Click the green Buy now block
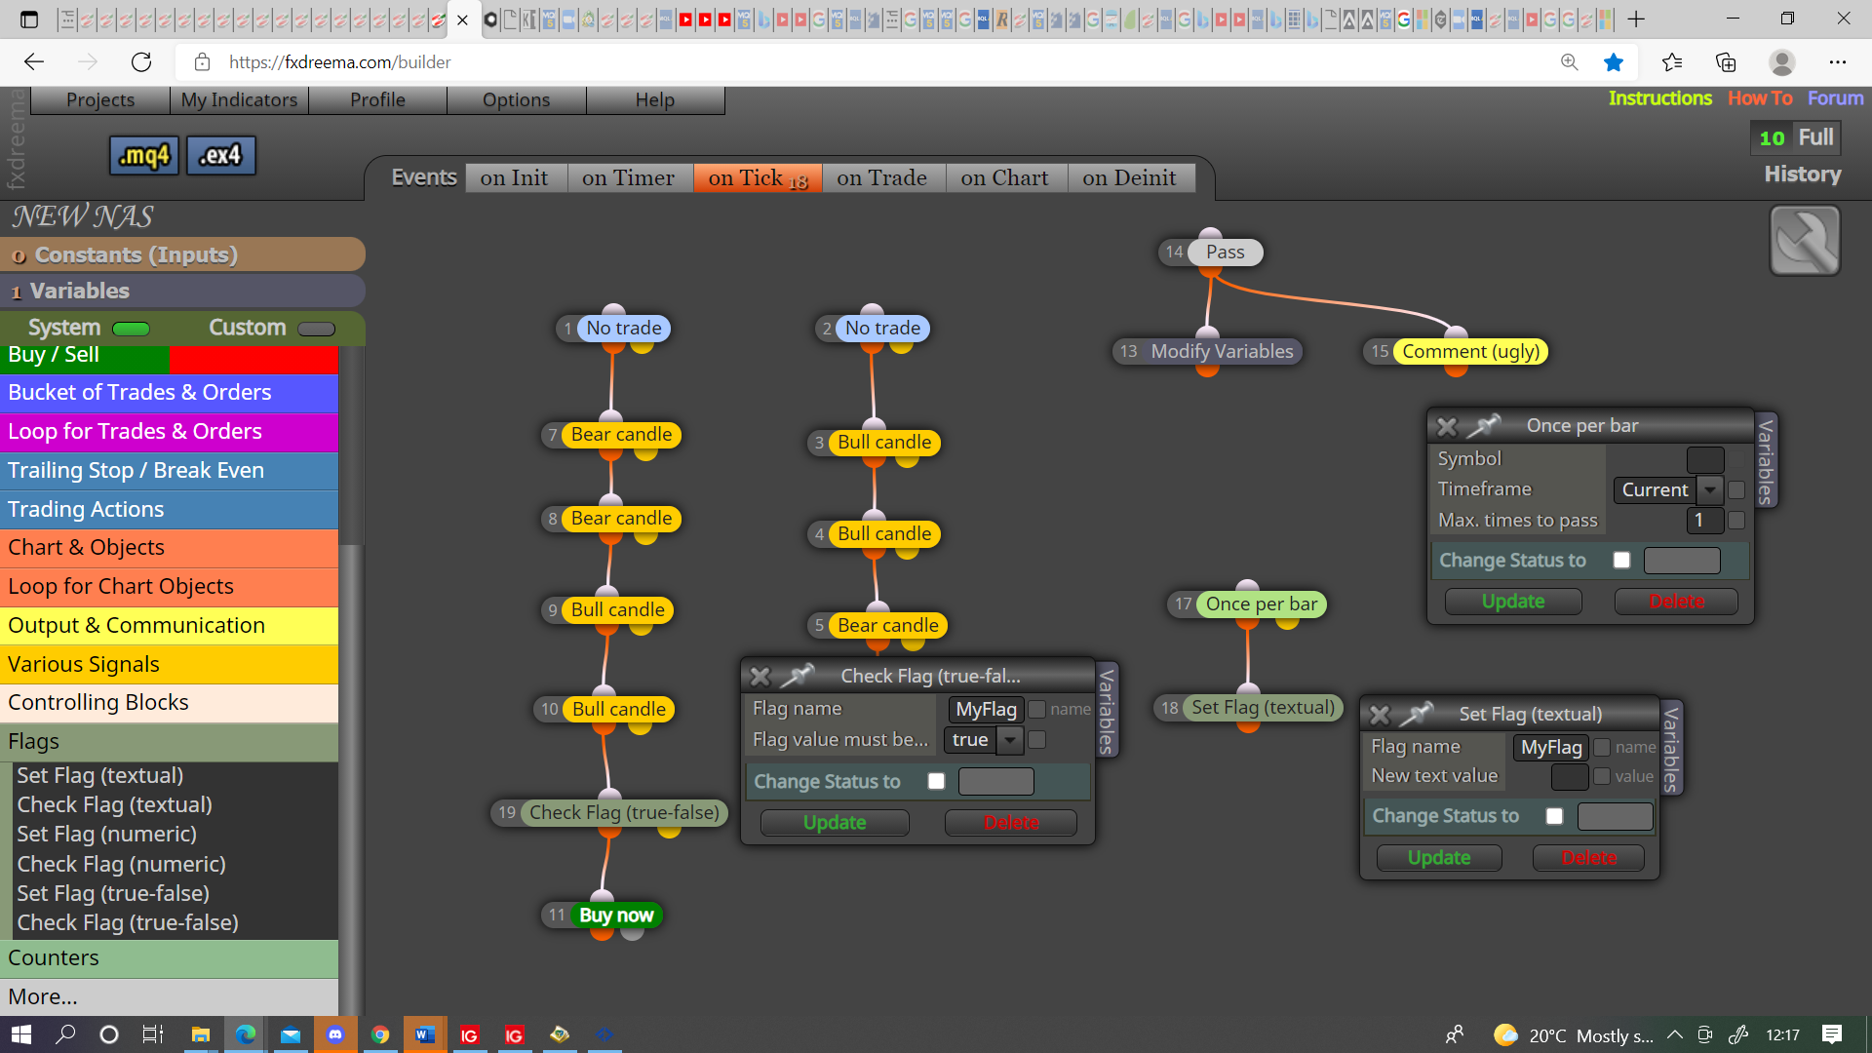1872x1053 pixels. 615,915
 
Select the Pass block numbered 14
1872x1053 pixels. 1225,253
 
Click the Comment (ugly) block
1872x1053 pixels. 1470,351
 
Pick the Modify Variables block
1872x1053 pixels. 1222,351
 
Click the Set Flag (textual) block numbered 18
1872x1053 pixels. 1263,708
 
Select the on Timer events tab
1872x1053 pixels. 628,177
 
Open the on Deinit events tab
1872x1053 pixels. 1129,177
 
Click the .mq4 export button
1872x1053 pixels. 144,155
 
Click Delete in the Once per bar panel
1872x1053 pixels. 1676,602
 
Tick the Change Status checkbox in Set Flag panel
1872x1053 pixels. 1554,816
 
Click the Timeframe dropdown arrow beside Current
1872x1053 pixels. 1710,489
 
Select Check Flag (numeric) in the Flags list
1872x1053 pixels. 121,864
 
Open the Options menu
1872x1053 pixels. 516,99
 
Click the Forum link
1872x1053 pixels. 1835,97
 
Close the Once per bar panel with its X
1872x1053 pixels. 1447,426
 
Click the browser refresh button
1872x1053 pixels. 141,62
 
